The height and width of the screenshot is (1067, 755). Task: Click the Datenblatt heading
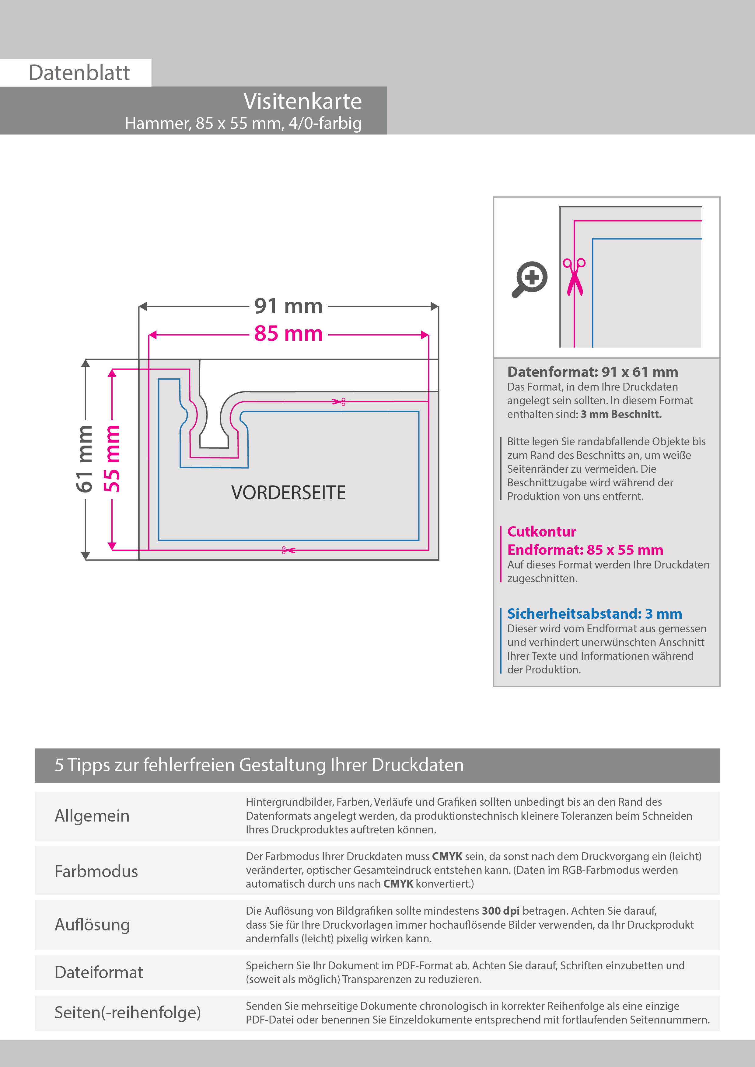coord(79,73)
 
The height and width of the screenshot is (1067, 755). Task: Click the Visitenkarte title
coord(302,101)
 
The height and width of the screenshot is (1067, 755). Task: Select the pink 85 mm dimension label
coord(288,334)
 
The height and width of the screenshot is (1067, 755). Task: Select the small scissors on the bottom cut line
coord(288,550)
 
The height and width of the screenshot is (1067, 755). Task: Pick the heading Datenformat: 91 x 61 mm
coord(592,372)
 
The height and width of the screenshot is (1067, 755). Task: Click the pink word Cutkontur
coord(541,531)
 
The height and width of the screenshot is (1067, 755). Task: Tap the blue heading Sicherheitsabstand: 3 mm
coord(594,613)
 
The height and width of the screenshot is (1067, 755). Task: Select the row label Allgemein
coord(92,815)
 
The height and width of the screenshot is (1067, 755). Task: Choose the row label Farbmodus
coord(96,871)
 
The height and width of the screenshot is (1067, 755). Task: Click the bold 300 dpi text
coord(500,910)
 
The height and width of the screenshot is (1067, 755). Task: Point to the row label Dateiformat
coord(99,972)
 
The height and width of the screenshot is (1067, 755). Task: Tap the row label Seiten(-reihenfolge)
coord(128,1012)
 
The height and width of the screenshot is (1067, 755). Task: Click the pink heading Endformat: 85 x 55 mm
coord(585,550)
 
